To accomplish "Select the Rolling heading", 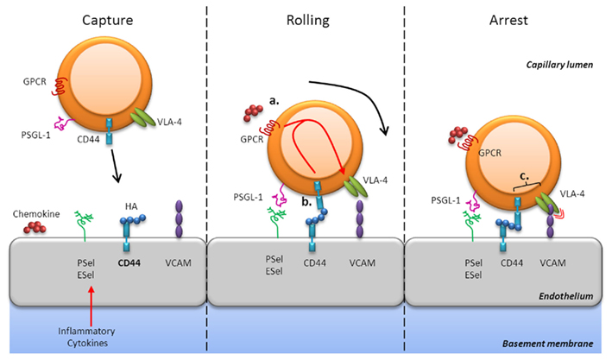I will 304,19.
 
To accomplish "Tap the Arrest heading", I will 508,19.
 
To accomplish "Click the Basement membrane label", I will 546,344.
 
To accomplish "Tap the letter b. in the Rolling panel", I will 307,201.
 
